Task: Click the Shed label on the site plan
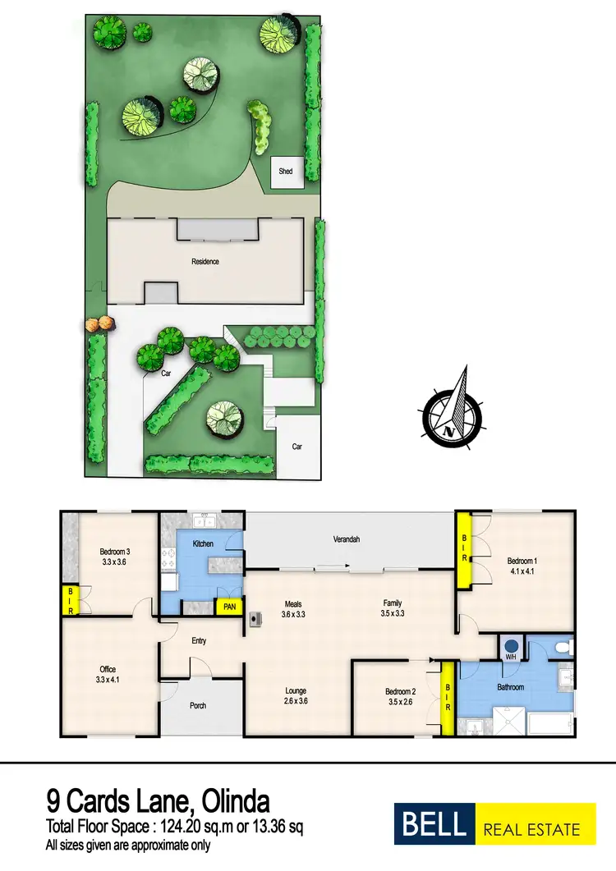286,172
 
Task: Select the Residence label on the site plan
205,262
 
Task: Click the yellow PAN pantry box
228,607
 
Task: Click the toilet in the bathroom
563,648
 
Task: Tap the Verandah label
347,539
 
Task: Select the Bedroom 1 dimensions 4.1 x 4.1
522,572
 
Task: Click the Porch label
198,705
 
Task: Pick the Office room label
108,669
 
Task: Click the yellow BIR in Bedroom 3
70,600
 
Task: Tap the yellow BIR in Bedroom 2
448,698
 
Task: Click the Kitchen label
203,543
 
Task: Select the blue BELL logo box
434,826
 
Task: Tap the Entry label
198,640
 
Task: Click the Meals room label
294,603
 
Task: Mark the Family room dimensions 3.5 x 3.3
393,613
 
